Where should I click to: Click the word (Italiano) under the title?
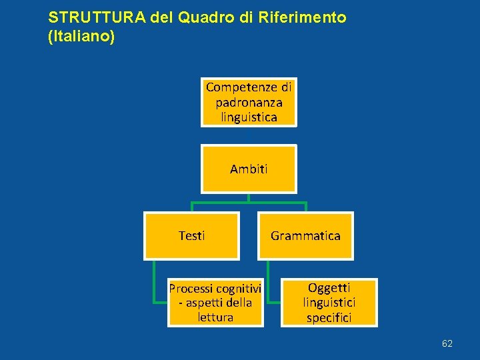pyautogui.click(x=82, y=36)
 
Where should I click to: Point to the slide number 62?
pyautogui.click(x=447, y=343)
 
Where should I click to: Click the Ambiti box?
pyautogui.click(x=249, y=169)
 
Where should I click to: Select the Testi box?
pyautogui.click(x=192, y=235)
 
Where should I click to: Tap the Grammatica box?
pyautogui.click(x=305, y=235)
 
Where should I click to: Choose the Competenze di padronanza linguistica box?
pyautogui.click(x=249, y=102)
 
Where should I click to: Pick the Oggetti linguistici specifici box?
pyautogui.click(x=329, y=303)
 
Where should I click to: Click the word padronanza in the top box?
pyautogui.click(x=249, y=103)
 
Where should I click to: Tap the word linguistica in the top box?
pyautogui.click(x=249, y=117)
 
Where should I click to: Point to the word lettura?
pyautogui.click(x=215, y=317)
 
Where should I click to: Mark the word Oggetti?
pyautogui.click(x=329, y=288)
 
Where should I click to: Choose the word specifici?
pyautogui.click(x=329, y=317)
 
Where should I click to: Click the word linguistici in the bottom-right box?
pyautogui.click(x=329, y=303)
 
